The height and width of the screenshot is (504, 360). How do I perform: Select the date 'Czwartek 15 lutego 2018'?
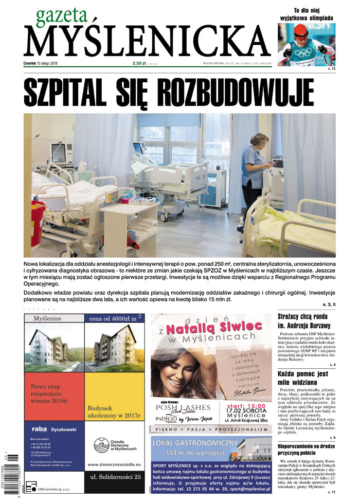pos(46,63)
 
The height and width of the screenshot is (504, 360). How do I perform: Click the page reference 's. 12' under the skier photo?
pos(331,68)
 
